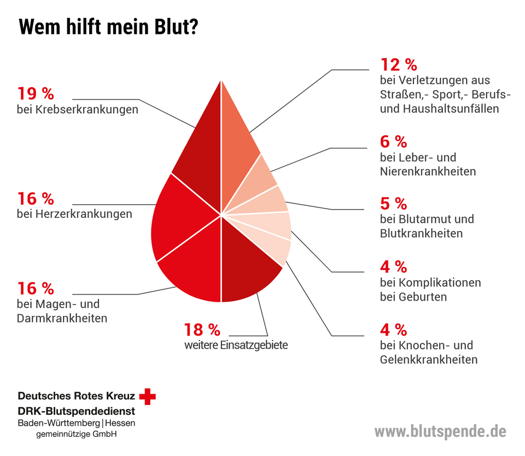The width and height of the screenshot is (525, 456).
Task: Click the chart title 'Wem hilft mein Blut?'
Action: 108,26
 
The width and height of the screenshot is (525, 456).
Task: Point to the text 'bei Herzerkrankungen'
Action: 74,213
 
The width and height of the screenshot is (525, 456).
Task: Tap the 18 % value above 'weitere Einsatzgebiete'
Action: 202,330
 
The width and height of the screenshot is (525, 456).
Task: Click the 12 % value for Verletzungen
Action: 399,65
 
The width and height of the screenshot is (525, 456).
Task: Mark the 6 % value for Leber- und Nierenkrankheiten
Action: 393,142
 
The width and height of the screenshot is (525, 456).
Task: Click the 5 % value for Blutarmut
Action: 393,204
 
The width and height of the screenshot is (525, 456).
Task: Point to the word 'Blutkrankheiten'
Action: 421,233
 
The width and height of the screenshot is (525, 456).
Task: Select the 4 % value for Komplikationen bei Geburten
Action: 393,267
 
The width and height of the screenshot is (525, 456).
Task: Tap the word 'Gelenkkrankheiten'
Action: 428,360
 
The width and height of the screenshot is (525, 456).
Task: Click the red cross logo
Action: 147,396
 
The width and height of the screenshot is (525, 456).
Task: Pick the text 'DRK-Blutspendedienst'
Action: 76,411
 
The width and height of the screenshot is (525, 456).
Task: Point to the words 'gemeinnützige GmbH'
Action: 76,435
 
